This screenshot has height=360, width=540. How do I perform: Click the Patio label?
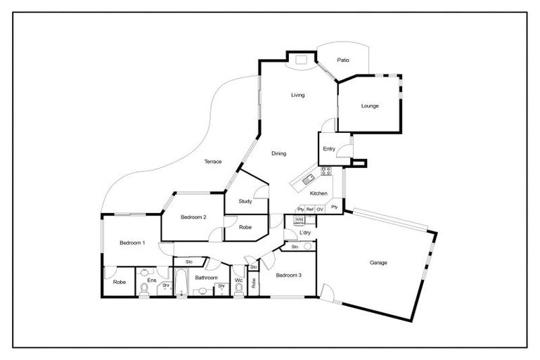click(x=342, y=60)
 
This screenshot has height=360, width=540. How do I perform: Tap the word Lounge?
click(x=370, y=106)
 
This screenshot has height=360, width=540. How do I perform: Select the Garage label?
click(x=378, y=263)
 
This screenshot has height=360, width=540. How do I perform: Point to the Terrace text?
click(x=212, y=162)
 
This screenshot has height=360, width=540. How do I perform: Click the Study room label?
click(x=245, y=201)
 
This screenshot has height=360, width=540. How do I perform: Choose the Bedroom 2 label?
click(x=193, y=217)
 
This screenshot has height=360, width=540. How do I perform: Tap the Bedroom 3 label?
click(x=288, y=275)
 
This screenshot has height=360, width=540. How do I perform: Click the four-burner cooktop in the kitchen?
click(x=326, y=171)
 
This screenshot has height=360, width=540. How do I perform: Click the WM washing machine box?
click(x=299, y=220)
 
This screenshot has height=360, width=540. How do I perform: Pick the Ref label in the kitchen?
click(x=309, y=210)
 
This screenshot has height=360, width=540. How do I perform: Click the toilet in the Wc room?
click(x=238, y=287)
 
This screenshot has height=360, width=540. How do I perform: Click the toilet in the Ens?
click(x=143, y=288)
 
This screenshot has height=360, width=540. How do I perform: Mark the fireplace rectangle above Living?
click(x=301, y=60)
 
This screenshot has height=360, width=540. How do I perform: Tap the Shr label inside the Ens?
click(x=166, y=285)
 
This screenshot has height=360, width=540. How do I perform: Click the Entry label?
click(x=328, y=149)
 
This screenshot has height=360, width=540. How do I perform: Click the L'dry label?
click(x=305, y=233)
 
